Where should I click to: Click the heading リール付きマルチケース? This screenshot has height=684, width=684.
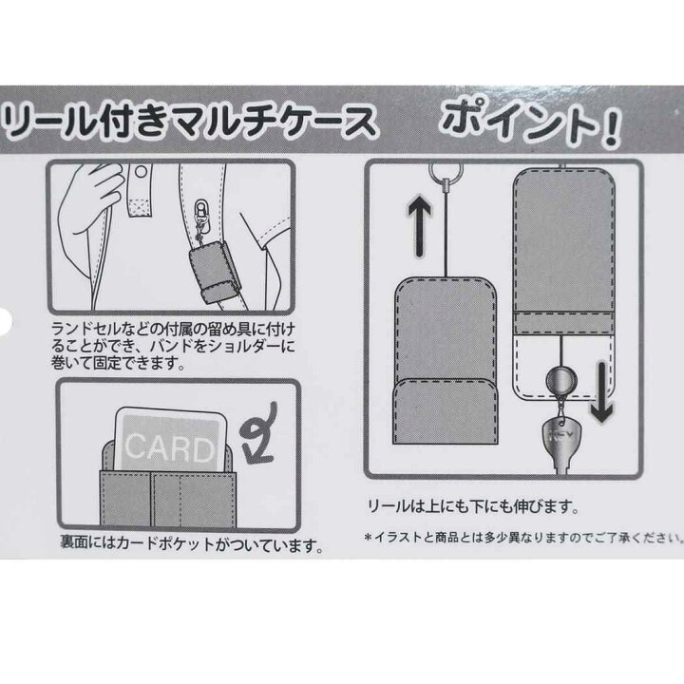pos(190,121)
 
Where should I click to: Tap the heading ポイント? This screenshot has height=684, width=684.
pos(531,123)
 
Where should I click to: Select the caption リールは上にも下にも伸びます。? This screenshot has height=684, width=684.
pos(471,507)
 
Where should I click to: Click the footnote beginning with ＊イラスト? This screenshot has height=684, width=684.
pos(523,538)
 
